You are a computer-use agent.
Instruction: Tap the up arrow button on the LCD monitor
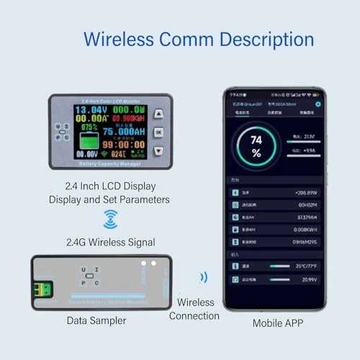click(159, 114)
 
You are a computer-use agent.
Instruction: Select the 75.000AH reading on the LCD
click(123, 132)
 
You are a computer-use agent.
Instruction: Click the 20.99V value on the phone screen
click(308, 279)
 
